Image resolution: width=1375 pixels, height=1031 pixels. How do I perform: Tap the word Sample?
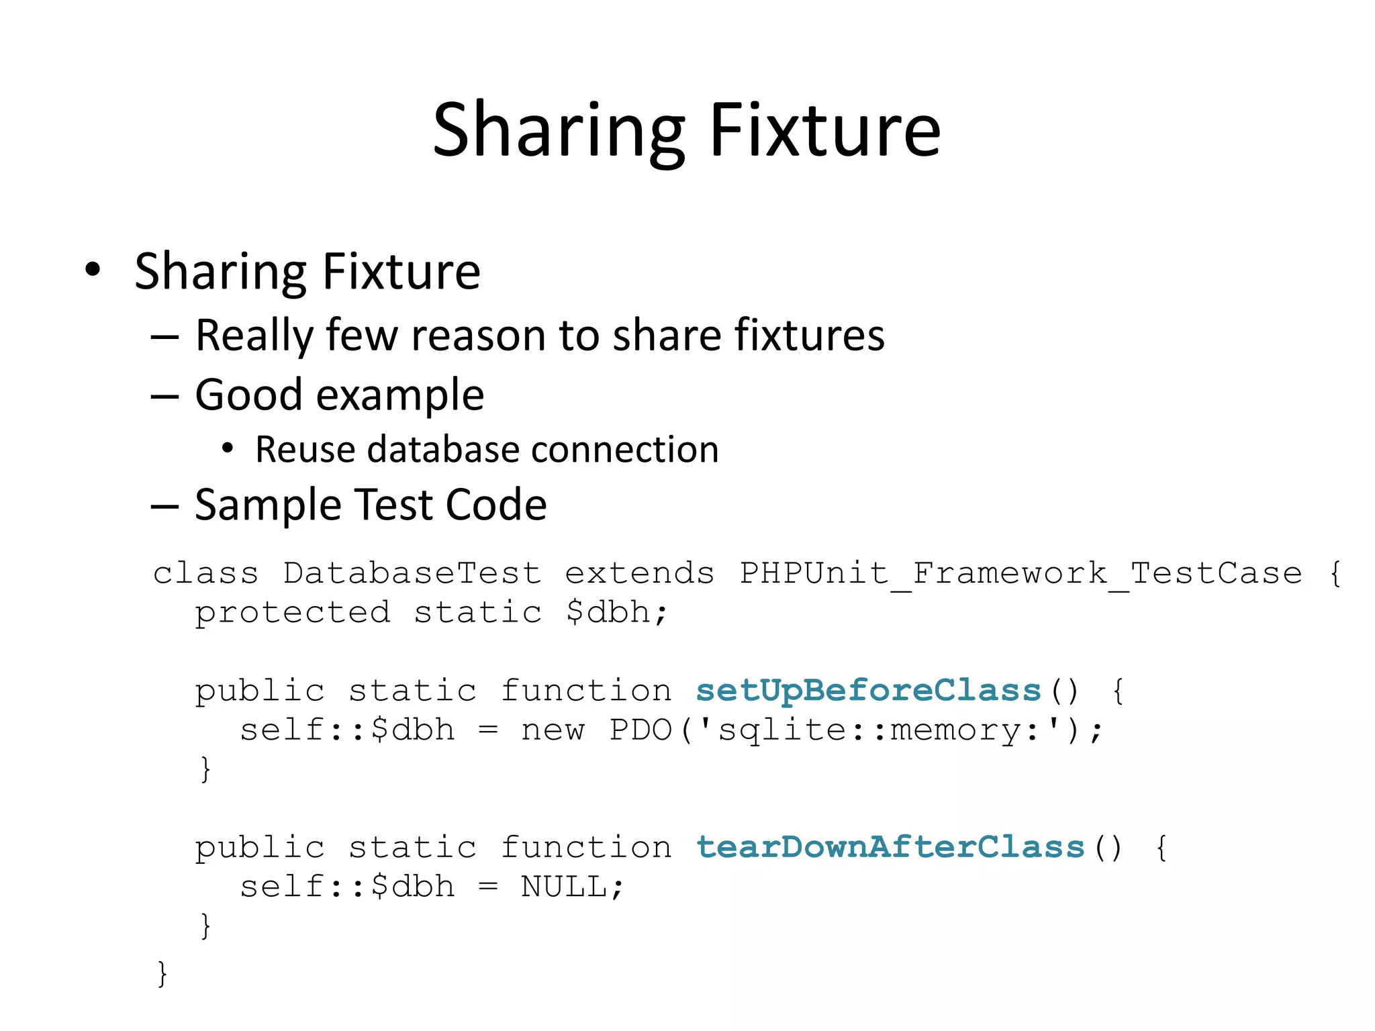(268, 505)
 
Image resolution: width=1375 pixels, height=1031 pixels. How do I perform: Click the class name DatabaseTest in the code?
(412, 573)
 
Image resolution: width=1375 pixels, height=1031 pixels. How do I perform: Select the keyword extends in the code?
(639, 573)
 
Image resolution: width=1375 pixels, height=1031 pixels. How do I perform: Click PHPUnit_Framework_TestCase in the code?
(1021, 573)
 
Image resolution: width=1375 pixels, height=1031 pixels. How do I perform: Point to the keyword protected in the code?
(293, 612)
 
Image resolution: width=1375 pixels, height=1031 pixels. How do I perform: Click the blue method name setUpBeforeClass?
(868, 691)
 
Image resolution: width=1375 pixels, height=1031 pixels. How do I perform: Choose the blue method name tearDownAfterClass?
(890, 847)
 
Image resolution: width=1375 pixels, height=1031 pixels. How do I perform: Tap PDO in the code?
(641, 730)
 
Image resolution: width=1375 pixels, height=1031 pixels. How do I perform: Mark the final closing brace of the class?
(162, 973)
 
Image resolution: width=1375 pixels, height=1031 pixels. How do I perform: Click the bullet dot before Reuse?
(228, 448)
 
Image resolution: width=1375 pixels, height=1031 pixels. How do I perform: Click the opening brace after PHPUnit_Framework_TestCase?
(1335, 573)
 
